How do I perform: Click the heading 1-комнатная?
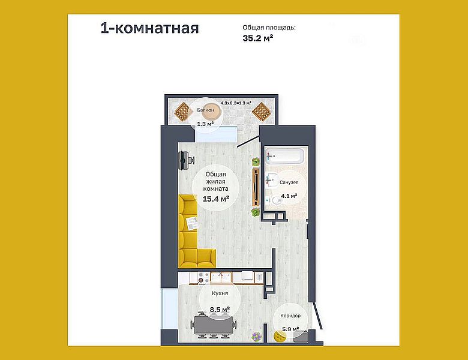coord(149,28)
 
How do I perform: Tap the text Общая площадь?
coord(269,28)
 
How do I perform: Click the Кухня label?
coord(219,295)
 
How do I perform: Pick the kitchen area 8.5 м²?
coord(219,309)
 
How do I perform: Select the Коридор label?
coord(290,316)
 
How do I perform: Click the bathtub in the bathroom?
coord(285,157)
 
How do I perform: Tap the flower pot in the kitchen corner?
coord(257,337)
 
